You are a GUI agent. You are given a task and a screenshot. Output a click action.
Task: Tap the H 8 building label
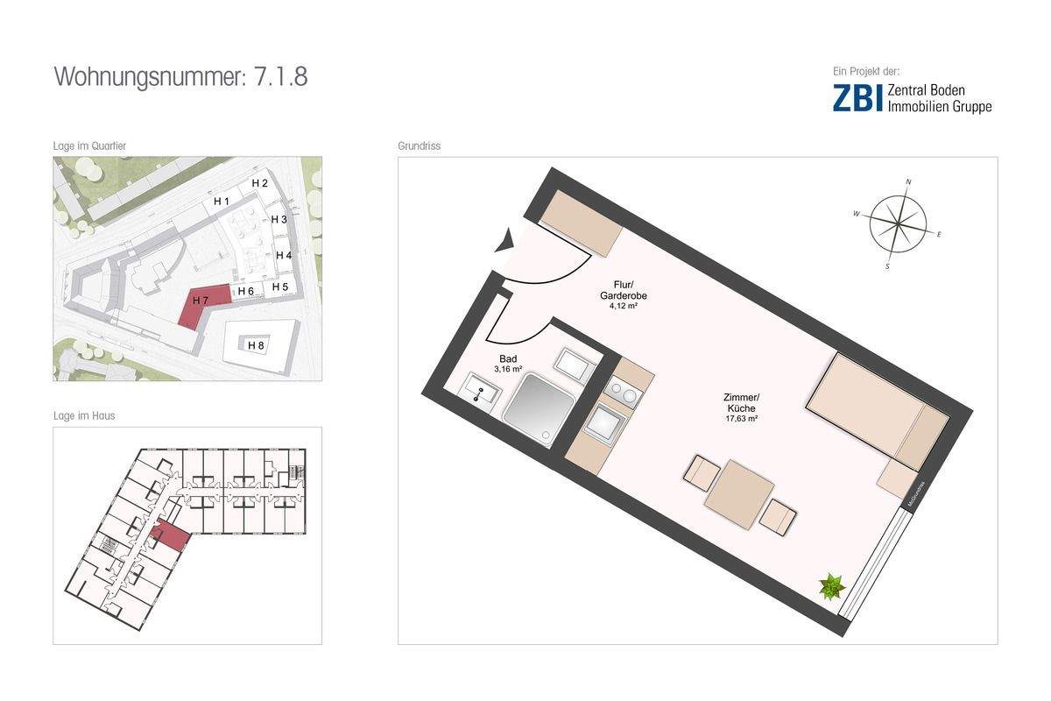point(256,345)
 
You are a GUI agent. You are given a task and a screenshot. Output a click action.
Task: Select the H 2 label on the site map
point(259,183)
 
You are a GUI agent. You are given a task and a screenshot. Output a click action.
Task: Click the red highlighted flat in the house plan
point(169,535)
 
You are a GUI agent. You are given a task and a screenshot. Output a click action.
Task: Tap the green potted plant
point(830,585)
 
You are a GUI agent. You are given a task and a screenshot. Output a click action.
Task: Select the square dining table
point(739,494)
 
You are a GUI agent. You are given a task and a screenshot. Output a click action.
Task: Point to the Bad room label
point(508,359)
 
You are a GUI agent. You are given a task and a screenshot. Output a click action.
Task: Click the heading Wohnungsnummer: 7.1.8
point(180,76)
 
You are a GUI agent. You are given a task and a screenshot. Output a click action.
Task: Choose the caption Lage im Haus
point(84,415)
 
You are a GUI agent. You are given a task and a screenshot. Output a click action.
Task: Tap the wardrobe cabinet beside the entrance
point(580,223)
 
